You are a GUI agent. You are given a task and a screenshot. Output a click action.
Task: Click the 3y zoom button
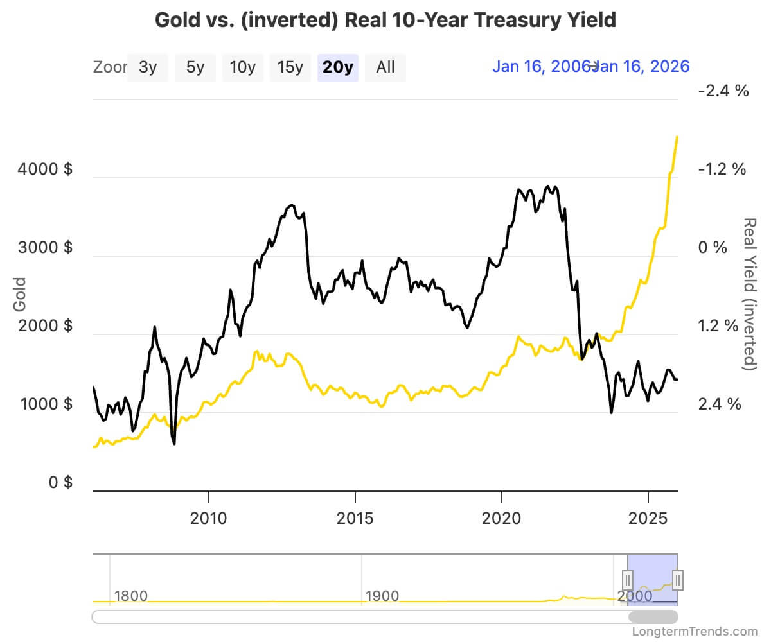click(x=148, y=67)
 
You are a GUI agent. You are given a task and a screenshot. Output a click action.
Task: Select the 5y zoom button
click(x=195, y=67)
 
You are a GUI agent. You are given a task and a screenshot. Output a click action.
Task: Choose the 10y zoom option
click(x=242, y=67)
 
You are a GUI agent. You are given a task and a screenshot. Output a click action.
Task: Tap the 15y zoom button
click(x=290, y=67)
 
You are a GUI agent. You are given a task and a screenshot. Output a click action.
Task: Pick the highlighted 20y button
click(x=338, y=67)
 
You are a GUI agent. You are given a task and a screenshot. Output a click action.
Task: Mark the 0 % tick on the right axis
click(x=713, y=248)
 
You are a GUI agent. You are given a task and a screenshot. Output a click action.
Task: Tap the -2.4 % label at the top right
click(x=723, y=91)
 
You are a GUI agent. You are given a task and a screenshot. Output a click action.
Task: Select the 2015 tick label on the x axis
click(x=355, y=517)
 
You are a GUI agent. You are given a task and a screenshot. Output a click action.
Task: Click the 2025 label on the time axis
click(x=648, y=517)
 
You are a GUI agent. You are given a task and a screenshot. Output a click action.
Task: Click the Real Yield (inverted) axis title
click(x=749, y=294)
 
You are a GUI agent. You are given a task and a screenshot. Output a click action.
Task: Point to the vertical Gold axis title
click(x=20, y=294)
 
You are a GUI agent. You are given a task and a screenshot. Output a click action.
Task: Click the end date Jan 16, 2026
click(x=641, y=66)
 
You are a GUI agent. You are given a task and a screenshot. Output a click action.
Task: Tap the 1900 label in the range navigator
click(x=382, y=596)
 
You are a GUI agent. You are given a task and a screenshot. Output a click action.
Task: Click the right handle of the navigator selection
click(x=678, y=579)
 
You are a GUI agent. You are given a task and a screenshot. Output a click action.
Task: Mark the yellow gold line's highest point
click(x=678, y=137)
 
